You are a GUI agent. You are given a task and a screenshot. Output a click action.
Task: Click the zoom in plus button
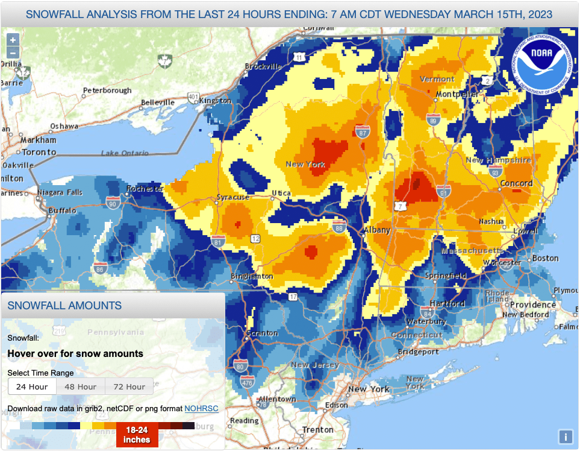(x=13, y=40)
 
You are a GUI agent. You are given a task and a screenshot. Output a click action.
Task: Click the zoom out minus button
(x=13, y=52)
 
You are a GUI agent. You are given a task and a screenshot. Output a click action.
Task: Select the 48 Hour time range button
(x=81, y=386)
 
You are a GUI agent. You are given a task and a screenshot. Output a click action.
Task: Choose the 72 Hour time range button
(x=129, y=386)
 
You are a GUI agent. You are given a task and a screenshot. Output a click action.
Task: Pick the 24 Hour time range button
(x=33, y=386)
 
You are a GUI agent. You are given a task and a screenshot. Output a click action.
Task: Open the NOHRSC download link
(x=201, y=409)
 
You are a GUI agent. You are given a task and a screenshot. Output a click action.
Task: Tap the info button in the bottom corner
(x=565, y=437)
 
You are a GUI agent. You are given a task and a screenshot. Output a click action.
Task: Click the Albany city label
(x=377, y=230)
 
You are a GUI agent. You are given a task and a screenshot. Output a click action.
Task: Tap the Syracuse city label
(x=233, y=197)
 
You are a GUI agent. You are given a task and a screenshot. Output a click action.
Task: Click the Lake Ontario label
(x=125, y=153)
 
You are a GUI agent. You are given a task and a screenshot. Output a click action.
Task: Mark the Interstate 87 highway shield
(x=363, y=133)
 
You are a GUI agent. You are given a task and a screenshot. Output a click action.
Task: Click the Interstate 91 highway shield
(x=444, y=193)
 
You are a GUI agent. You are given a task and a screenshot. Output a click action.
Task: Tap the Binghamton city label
(x=252, y=277)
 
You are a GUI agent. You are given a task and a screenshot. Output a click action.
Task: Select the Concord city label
(x=517, y=183)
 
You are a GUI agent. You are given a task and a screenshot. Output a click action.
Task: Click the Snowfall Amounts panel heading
(x=64, y=306)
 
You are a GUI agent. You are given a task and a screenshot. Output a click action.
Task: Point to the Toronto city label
(x=39, y=153)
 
